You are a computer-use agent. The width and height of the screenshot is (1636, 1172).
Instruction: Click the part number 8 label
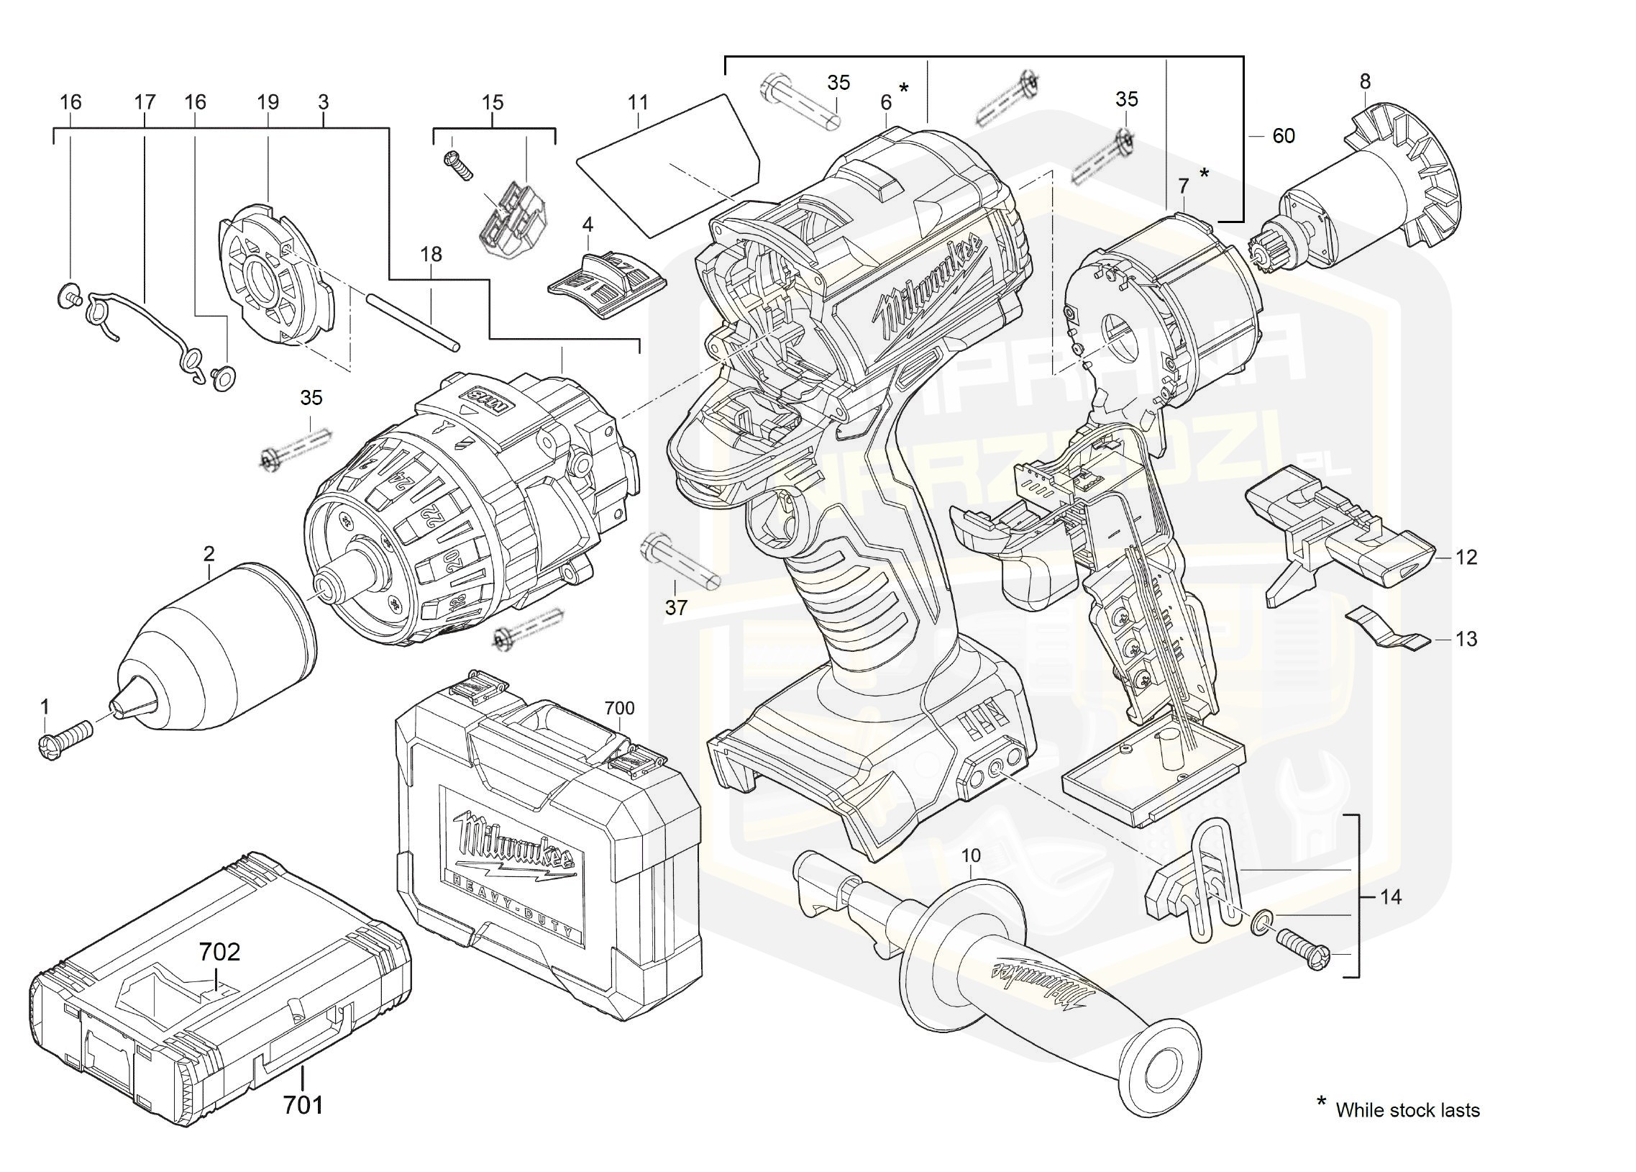[x=1364, y=81]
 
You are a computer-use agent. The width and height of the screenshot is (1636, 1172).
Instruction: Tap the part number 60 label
[x=1283, y=136]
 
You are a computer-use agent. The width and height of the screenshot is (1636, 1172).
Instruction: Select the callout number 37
[x=675, y=608]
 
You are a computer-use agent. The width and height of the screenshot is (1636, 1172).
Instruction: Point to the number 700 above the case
[x=619, y=708]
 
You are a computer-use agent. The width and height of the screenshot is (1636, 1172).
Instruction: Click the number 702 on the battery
[x=219, y=952]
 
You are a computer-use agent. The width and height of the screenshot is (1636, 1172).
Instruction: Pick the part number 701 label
[x=303, y=1104]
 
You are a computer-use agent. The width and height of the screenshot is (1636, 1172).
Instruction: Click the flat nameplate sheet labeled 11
[x=667, y=166]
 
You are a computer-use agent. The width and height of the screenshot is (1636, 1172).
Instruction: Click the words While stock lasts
[x=1407, y=1110]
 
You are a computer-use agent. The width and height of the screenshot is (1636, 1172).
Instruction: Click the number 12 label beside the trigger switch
[x=1466, y=557]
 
